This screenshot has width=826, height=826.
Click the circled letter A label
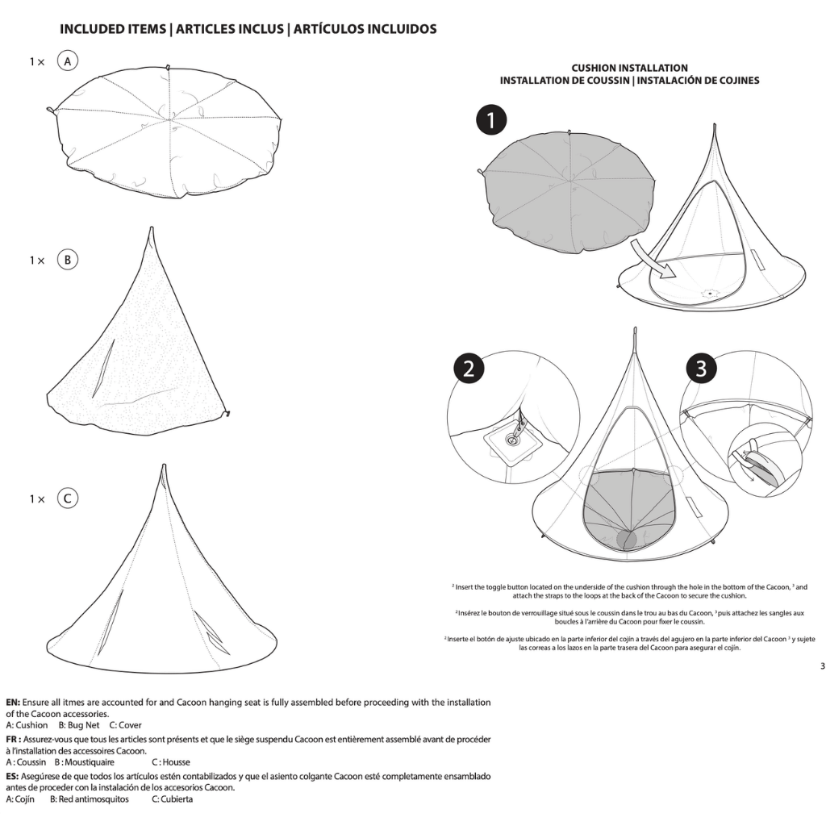[x=68, y=61]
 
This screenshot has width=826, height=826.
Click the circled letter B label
[x=68, y=261]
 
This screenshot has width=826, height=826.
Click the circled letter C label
[x=68, y=499]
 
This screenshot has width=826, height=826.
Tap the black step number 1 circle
[x=490, y=122]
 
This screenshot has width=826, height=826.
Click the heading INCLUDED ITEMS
[x=112, y=29]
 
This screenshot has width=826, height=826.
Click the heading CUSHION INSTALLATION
[x=629, y=69]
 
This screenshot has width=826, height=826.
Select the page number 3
[x=821, y=665]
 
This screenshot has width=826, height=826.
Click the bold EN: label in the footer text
[x=14, y=703]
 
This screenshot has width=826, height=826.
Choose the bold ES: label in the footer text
[x=14, y=776]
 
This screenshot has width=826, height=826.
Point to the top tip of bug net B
[x=150, y=231]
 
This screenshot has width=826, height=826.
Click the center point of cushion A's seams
[x=170, y=121]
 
